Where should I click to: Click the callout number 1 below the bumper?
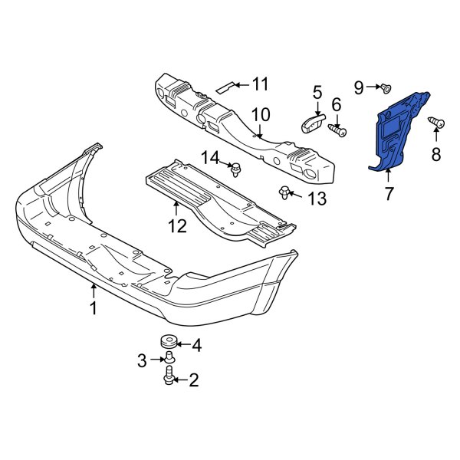coord(93,308)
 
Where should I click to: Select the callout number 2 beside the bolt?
coord(193,378)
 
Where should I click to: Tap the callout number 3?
coord(142,359)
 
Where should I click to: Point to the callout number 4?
coord(196,345)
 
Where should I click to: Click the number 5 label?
coord(317,94)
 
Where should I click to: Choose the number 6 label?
coord(336,104)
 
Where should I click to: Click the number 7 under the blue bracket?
coord(388,195)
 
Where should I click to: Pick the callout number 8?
coord(435,155)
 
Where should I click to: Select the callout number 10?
coord(261,115)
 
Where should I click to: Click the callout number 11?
coord(261,84)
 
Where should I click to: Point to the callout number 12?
coord(177,225)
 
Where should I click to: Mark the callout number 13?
coord(317,199)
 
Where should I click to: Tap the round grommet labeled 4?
coord(165,343)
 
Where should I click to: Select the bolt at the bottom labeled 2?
coord(169,376)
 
